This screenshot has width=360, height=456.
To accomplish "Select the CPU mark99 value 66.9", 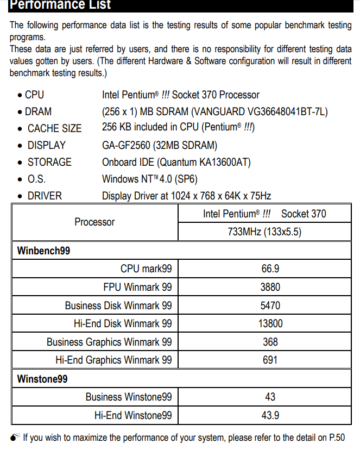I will click(270, 268).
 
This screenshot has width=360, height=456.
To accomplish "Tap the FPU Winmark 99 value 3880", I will click(270, 287).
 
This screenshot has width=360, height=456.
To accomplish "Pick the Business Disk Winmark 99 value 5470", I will click(270, 305).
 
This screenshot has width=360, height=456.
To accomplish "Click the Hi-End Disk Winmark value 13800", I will click(270, 323).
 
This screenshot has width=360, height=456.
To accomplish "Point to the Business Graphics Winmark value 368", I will click(270, 342).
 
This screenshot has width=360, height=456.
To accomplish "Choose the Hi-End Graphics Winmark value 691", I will click(270, 360).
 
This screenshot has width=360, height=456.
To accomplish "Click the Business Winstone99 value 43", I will click(270, 397).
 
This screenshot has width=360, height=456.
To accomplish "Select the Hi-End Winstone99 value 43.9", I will click(270, 415).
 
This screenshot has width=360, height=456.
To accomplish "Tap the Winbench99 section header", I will click(43, 251).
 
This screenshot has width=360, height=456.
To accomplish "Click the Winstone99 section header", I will click(42, 379).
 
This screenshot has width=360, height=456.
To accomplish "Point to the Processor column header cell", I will click(94, 222).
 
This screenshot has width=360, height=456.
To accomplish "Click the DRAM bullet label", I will click(38, 111).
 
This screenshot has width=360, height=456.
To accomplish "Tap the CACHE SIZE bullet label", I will click(54, 128).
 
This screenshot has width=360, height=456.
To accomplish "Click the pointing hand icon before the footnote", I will click(15, 437).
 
